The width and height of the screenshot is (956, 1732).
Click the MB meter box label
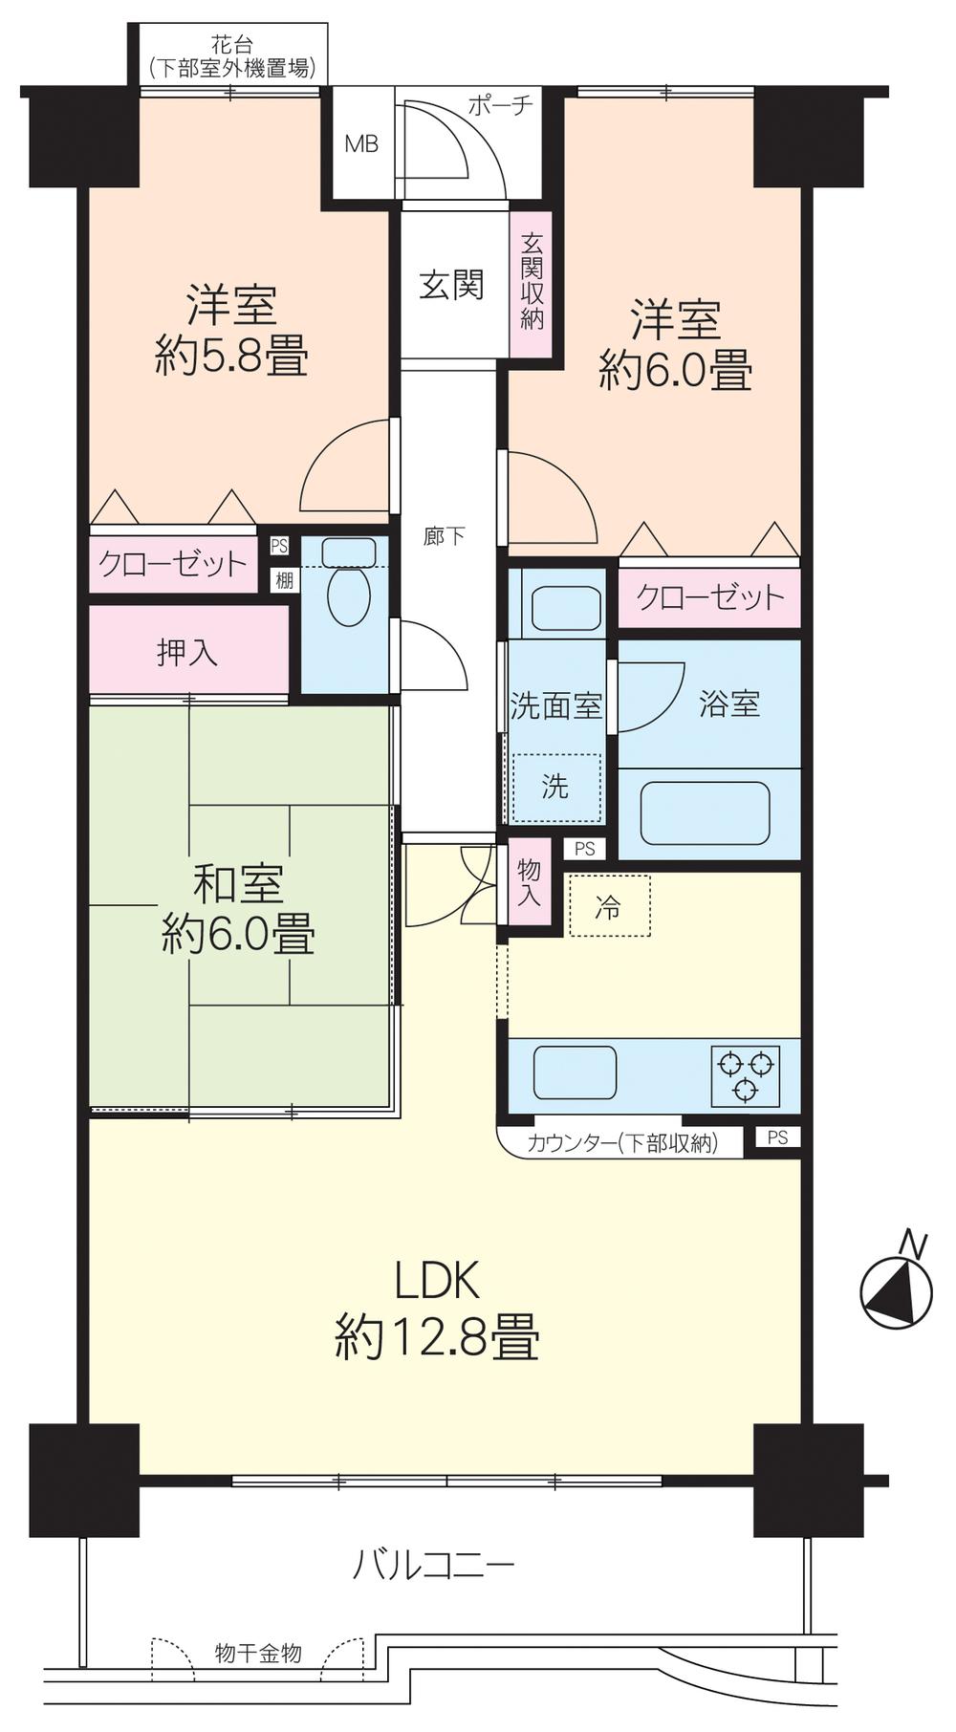(x=361, y=144)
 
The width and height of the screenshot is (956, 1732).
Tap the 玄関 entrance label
(x=451, y=285)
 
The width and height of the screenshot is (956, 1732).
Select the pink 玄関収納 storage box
(x=532, y=284)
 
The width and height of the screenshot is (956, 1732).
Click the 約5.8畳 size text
(x=231, y=358)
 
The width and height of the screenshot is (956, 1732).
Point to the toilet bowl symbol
(x=348, y=596)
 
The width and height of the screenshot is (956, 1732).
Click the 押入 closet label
(x=187, y=653)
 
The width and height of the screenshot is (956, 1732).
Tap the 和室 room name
(x=238, y=884)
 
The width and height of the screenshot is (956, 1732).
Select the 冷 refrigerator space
(x=608, y=906)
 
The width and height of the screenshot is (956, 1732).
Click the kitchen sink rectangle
(x=574, y=1072)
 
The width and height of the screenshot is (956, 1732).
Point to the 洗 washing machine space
(x=555, y=788)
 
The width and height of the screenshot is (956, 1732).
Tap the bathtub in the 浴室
(x=706, y=813)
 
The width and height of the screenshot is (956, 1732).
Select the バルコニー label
(x=434, y=1566)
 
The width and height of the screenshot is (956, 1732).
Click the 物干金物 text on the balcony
(x=258, y=1652)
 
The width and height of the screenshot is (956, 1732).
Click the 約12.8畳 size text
(x=437, y=1337)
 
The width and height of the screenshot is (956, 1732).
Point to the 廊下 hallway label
(x=445, y=536)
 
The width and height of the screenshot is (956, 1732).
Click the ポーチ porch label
(x=500, y=105)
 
